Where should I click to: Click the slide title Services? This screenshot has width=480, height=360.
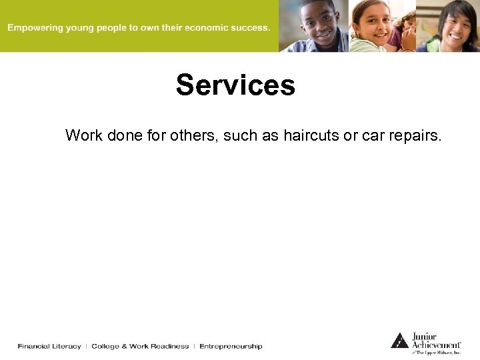click(235, 85)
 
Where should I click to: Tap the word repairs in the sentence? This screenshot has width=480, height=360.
click(414, 136)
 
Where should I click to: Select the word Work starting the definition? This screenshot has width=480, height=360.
click(83, 136)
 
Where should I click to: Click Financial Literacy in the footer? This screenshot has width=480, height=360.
click(49, 346)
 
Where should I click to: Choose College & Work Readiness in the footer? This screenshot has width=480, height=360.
click(140, 346)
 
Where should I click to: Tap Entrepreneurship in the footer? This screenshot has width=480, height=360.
click(231, 346)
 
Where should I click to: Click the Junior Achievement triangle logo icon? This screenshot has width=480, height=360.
click(399, 340)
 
